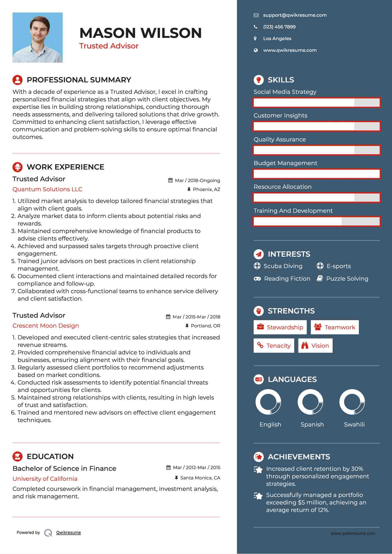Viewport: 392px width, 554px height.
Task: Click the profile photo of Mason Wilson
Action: click(x=38, y=38)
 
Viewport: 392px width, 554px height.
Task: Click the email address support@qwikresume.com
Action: click(x=294, y=15)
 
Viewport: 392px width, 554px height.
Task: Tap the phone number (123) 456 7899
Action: click(x=279, y=27)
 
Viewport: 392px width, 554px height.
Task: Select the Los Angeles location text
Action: click(x=277, y=39)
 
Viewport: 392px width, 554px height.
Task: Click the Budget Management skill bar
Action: click(x=316, y=174)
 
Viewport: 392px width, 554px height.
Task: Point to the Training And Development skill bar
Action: click(x=316, y=222)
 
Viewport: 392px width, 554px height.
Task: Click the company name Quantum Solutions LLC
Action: click(x=47, y=189)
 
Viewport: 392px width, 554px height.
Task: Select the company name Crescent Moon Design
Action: click(x=46, y=326)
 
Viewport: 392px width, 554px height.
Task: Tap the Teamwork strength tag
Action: click(x=335, y=327)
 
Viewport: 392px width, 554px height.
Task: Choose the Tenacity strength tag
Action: click(x=274, y=346)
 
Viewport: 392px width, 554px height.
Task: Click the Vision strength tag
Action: click(x=315, y=346)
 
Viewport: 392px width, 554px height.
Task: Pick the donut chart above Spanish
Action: click(x=310, y=402)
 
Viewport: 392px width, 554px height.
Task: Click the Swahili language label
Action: click(x=354, y=425)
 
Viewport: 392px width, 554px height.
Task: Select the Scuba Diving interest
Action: click(x=283, y=266)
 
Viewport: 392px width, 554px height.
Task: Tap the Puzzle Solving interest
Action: click(x=347, y=279)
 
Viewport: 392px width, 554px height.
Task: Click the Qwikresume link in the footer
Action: click(x=68, y=533)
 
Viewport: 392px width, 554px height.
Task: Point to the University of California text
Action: click(x=45, y=479)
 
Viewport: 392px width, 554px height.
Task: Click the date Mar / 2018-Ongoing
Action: click(x=197, y=181)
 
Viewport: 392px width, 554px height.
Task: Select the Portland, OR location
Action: click(x=205, y=326)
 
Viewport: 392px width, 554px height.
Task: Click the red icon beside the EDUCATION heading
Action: click(x=18, y=457)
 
